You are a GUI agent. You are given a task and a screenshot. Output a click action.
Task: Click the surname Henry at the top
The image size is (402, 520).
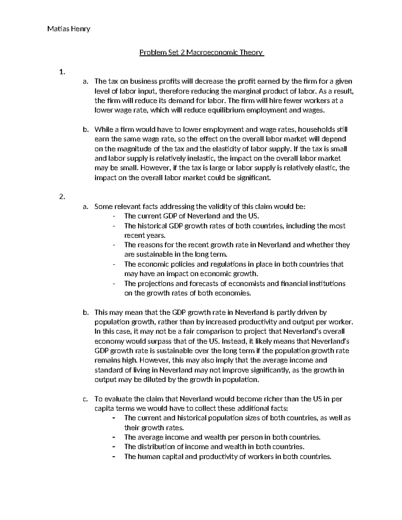click(80, 29)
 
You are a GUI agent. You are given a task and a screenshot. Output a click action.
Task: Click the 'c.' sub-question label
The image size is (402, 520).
click(85, 399)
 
